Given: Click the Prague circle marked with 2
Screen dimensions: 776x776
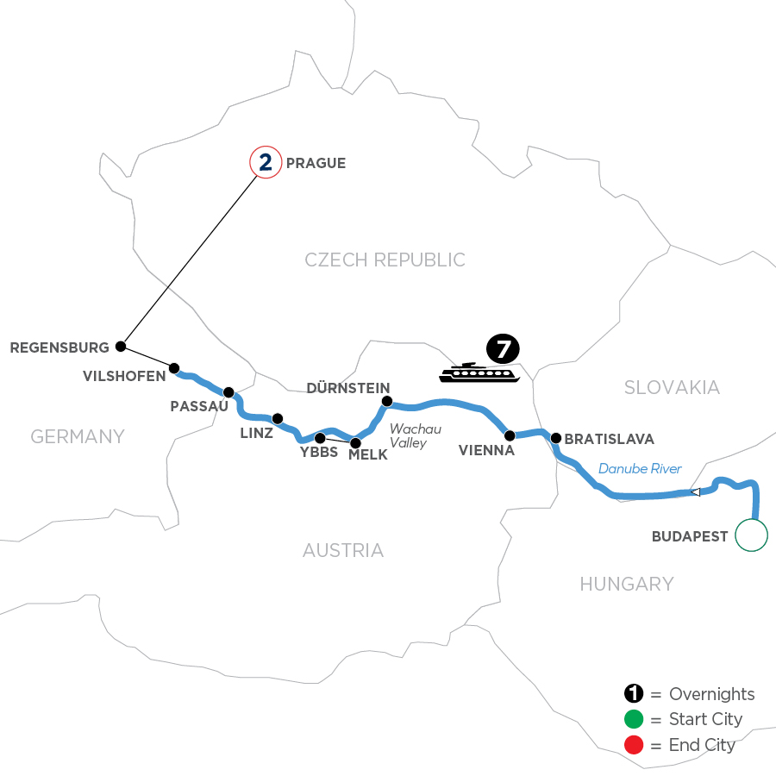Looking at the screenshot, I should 265,162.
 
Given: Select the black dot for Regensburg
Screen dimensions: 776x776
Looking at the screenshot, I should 121,347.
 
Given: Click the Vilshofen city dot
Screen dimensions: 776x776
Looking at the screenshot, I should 174,368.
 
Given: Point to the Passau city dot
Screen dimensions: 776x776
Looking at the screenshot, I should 228,391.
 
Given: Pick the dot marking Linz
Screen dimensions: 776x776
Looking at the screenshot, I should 278,419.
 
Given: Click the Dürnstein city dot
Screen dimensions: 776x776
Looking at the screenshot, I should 387,401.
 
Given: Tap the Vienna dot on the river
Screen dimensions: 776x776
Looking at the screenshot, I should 510,435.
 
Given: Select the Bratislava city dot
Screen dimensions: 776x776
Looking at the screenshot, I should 556,437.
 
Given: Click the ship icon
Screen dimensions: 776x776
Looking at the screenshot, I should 479,372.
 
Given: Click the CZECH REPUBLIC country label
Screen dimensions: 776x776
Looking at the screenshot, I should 385,260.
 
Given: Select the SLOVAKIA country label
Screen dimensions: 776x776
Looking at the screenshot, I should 672,388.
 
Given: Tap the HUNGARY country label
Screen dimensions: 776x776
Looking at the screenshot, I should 626,585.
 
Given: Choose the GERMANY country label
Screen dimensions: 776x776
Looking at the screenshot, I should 78,437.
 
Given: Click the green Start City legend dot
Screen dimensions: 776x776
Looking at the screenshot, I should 635,719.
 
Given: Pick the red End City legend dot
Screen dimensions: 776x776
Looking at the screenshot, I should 635,744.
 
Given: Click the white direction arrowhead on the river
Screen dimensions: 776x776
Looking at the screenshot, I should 695,492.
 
